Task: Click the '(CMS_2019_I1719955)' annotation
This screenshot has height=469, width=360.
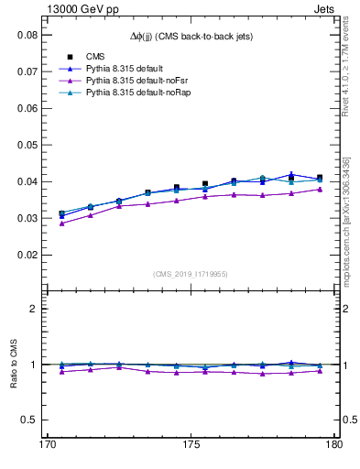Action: coord(191,273)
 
